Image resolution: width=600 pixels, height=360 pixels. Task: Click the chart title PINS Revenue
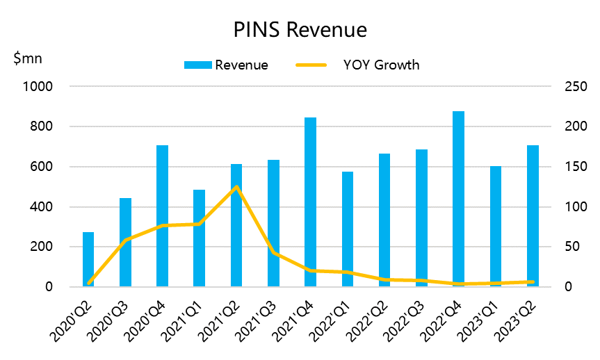[300, 31]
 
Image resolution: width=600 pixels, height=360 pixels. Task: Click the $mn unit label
[28, 58]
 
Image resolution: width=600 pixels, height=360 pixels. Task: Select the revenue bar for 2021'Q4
[310, 202]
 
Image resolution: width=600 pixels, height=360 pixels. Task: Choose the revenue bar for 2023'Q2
[532, 216]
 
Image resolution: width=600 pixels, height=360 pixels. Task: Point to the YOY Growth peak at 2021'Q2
[236, 187]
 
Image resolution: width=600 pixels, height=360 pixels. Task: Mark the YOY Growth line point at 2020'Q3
[125, 240]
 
